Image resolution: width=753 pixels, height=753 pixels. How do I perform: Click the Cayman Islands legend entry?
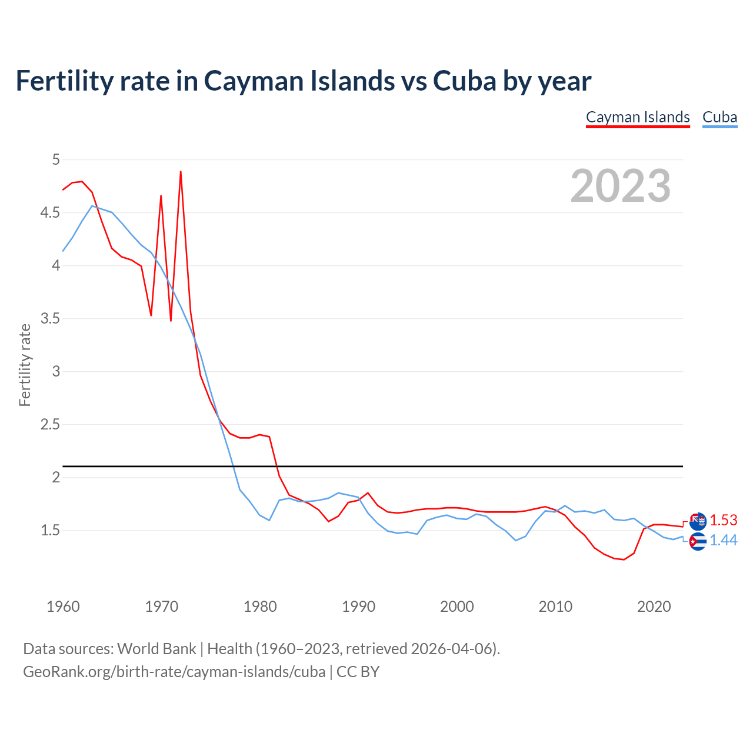coord(638,117)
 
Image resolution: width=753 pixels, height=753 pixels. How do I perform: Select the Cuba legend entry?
coord(719,117)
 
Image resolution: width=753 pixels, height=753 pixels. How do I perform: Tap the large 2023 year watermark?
coord(620,186)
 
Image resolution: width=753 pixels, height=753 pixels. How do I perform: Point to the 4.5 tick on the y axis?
coord(50,212)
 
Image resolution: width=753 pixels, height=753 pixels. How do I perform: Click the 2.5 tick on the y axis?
coord(50,424)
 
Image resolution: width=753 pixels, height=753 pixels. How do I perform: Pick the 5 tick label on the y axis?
coord(56,159)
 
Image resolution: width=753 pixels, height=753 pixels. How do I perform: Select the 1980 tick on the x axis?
coord(260,607)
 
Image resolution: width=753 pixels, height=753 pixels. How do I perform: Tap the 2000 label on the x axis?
coord(457,607)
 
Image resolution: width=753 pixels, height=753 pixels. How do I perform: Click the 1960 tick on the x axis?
coord(63,607)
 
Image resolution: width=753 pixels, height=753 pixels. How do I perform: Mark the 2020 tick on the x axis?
coord(654,607)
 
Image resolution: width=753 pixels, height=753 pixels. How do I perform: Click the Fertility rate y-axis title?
coord(25,365)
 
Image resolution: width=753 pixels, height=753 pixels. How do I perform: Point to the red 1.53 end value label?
coord(723,521)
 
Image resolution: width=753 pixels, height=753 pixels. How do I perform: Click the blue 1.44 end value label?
coord(723,541)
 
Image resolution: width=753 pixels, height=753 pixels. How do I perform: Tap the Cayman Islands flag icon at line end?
coord(698,521)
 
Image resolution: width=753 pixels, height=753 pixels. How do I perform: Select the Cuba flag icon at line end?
coord(698,541)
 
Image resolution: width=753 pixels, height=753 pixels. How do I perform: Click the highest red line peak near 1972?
coord(181,172)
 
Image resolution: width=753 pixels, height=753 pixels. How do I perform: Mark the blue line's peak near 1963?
coord(92,206)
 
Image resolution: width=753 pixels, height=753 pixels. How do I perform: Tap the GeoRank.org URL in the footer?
coord(174,672)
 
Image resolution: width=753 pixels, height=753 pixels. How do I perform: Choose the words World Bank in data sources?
coord(156,649)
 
